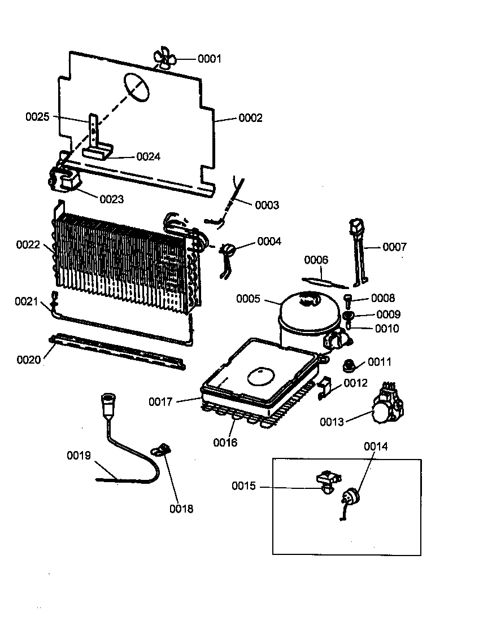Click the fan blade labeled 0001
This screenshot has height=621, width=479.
tap(165, 59)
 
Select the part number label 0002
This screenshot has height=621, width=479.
tap(250, 118)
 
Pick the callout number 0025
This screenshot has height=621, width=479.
tap(37, 117)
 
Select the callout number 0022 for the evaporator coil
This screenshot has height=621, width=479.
tap(28, 244)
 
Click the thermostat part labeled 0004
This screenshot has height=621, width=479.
tap(228, 250)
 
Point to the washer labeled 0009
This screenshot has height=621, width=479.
tap(349, 315)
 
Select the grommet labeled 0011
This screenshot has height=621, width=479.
tap(349, 365)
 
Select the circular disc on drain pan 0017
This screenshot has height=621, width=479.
tap(260, 375)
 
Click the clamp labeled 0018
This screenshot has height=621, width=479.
tap(162, 449)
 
